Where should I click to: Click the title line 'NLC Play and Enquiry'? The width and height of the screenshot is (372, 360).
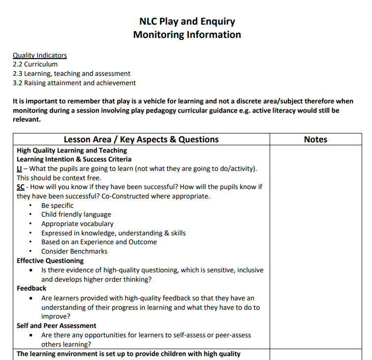(x=187, y=22)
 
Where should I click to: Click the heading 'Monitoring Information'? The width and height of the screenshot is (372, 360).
(x=187, y=35)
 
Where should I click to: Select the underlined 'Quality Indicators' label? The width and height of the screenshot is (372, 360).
(x=40, y=55)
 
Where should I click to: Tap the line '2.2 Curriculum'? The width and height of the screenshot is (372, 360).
(x=35, y=64)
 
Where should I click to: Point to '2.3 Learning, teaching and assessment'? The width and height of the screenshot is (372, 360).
(x=71, y=73)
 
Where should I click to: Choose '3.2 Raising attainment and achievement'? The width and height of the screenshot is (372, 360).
(x=74, y=83)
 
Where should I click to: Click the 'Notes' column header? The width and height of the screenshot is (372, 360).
(x=315, y=139)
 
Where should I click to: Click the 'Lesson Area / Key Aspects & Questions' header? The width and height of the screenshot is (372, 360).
(x=141, y=139)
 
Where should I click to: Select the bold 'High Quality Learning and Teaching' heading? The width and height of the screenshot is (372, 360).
(x=72, y=150)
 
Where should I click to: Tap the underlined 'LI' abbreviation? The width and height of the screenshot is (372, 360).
(x=20, y=169)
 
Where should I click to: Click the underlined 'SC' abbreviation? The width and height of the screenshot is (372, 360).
(x=21, y=187)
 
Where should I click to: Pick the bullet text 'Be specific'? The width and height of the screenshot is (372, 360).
(x=58, y=205)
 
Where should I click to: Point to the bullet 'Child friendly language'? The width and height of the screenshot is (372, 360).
(x=76, y=214)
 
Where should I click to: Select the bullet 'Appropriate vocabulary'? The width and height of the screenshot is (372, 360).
(x=77, y=224)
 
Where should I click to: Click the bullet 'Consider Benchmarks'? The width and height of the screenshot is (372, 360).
(x=74, y=251)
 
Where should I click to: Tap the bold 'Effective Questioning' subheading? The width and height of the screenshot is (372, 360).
(x=50, y=261)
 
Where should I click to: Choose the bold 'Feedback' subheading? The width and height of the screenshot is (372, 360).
(x=31, y=288)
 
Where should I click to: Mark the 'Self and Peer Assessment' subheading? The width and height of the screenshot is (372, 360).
(x=57, y=326)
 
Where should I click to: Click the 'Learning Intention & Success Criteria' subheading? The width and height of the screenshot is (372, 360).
(x=74, y=159)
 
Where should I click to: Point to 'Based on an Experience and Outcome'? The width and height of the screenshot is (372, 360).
(x=99, y=242)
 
